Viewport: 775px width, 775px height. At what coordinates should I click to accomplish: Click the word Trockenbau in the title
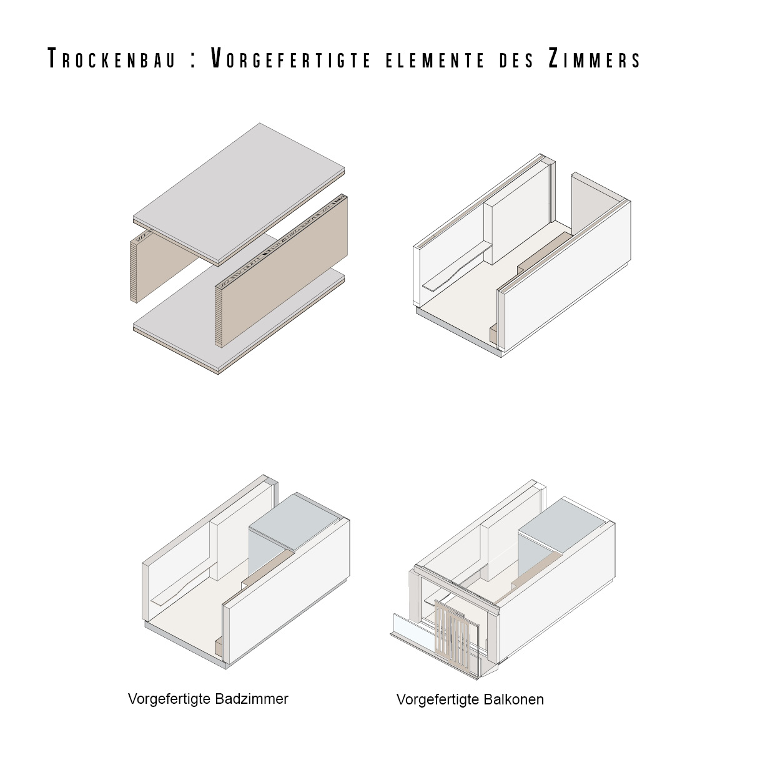point(112,59)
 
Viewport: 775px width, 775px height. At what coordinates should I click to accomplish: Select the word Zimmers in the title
point(594,59)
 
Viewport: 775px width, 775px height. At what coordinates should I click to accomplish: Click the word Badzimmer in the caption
point(252,699)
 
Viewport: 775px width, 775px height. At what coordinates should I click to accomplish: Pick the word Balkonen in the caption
point(513,699)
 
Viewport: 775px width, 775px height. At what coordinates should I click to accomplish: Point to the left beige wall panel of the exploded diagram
point(161,265)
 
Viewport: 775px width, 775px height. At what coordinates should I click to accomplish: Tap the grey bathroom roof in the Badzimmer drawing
point(294,521)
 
